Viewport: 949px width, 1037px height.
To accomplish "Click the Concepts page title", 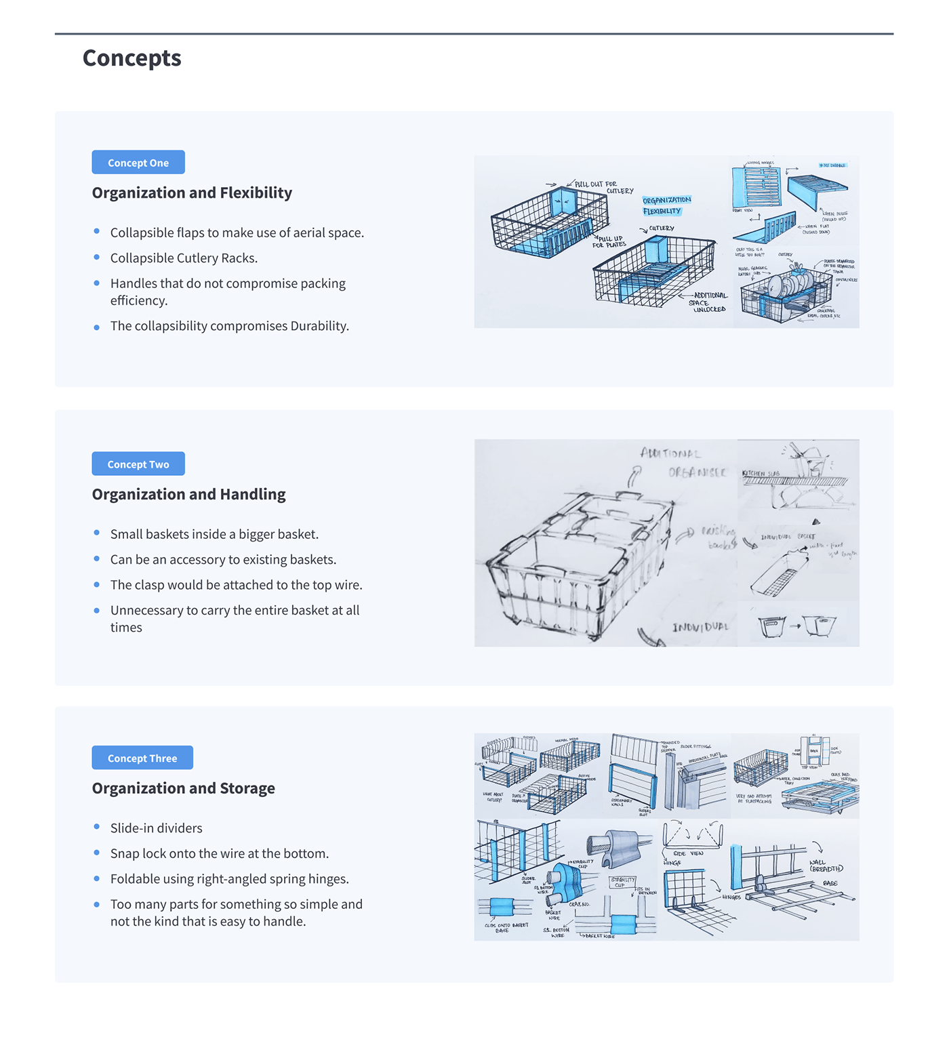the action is pos(132,58).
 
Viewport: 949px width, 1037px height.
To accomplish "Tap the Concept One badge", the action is pos(138,163).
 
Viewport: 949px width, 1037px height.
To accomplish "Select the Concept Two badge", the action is pos(138,464).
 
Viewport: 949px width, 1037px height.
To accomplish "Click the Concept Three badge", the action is pos(142,758).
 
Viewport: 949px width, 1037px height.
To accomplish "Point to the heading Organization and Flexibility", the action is pos(192,193).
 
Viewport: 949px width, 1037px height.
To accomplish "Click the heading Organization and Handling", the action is pos(188,495).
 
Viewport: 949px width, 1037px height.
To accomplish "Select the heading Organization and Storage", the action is pos(183,788).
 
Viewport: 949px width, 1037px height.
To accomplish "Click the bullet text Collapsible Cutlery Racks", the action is pos(184,258).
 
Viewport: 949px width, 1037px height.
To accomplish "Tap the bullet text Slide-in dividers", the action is pos(156,828).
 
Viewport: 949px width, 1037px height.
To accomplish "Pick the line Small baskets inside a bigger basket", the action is pos(214,534).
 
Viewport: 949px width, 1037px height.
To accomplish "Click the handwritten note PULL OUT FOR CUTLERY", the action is pos(603,187).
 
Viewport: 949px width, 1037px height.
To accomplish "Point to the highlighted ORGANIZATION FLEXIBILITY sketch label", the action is pos(666,205).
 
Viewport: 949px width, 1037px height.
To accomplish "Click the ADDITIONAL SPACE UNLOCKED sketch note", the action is pos(709,302).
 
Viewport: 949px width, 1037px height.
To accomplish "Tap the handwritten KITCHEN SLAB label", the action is pos(761,473).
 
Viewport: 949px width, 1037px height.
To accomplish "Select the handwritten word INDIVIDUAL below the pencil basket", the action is pos(700,627).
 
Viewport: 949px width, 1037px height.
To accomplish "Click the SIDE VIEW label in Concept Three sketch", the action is pos(689,853).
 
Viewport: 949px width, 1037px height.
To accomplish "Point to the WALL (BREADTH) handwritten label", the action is pos(826,866).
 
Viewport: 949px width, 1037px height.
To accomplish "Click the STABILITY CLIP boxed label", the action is pos(622,882).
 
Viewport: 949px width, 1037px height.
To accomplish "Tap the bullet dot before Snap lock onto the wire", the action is pos(97,853).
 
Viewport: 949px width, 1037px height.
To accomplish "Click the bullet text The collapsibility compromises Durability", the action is pos(229,326).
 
